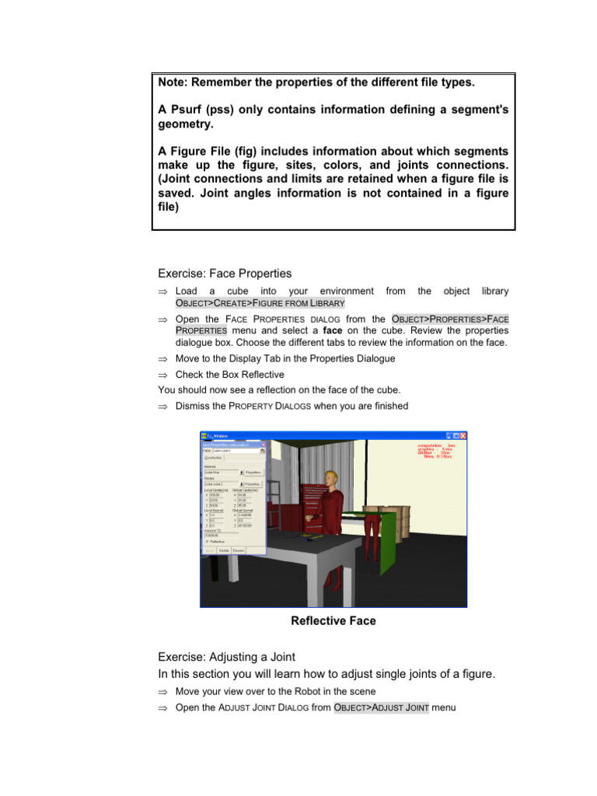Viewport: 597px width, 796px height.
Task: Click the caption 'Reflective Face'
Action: tap(333, 620)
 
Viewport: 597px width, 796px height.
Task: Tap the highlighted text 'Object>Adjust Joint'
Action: tap(381, 707)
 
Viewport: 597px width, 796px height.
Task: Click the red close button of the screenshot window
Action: tap(462, 436)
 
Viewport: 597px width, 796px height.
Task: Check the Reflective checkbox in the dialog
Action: tap(207, 541)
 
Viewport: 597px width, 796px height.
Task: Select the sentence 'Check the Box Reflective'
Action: tap(229, 375)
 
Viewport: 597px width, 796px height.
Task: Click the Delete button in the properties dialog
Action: tap(224, 550)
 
